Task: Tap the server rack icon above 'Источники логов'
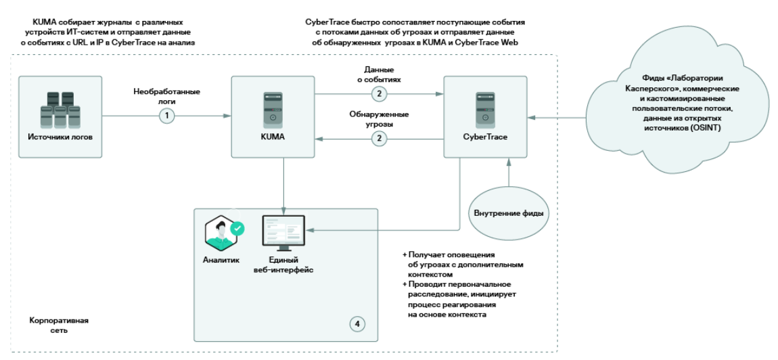[x=58, y=106]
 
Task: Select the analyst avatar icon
[x=221, y=233]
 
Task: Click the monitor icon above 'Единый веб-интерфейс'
[x=283, y=232]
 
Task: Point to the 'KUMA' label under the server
[x=272, y=137]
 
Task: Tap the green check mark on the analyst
[x=237, y=229]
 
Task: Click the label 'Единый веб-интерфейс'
[x=283, y=265]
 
